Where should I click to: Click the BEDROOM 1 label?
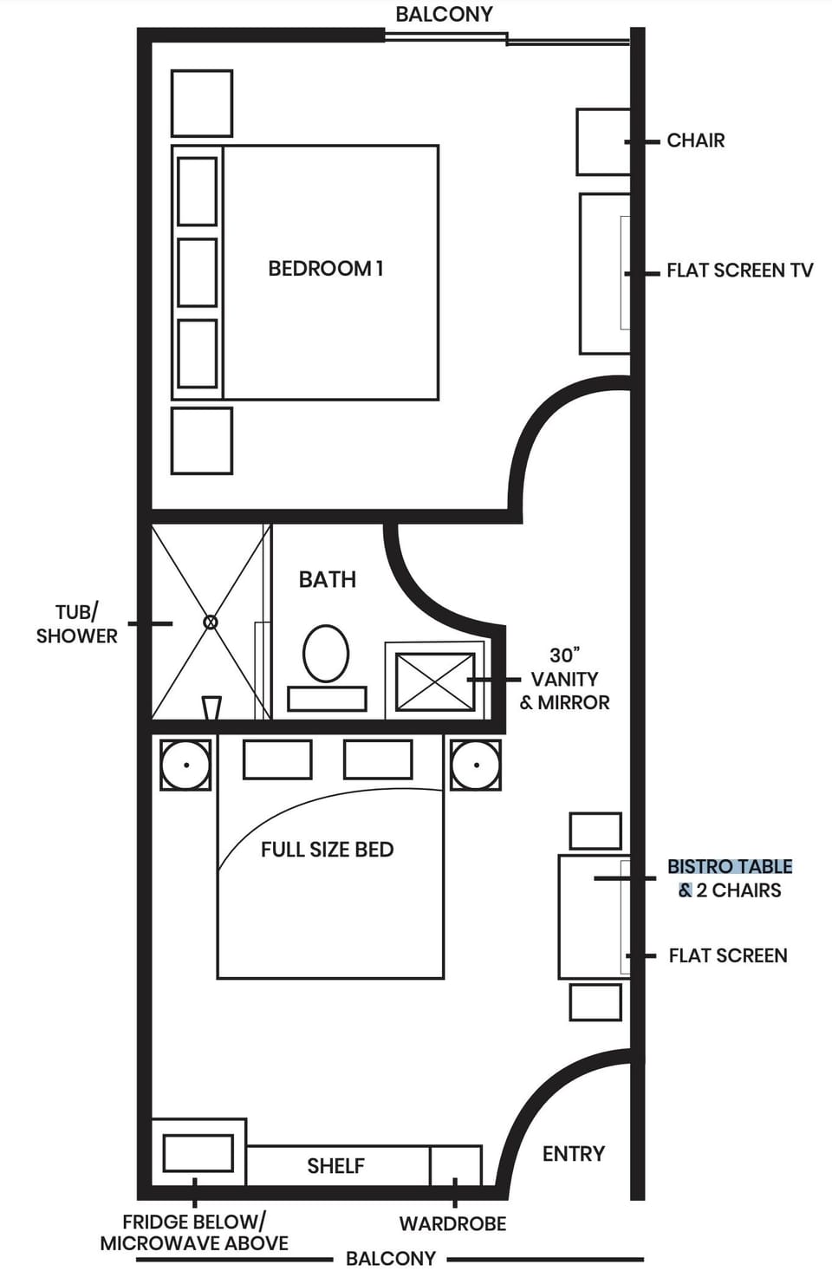click(326, 269)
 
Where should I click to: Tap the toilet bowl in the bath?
click(326, 653)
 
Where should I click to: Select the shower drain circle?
click(211, 622)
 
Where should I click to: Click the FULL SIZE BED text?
click(328, 850)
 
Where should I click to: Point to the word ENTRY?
click(574, 1154)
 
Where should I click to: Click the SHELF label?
click(335, 1166)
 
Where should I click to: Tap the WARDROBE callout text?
click(452, 1224)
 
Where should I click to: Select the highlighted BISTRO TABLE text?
click(730, 866)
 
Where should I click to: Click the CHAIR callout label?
click(696, 140)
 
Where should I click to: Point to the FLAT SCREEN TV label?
click(740, 270)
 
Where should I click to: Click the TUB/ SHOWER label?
click(77, 624)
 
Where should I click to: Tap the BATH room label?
click(328, 579)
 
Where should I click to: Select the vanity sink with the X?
click(435, 681)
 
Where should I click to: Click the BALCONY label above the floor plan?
click(444, 14)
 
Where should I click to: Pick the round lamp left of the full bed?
click(185, 765)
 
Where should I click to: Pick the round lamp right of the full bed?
click(476, 765)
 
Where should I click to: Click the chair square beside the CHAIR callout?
click(603, 142)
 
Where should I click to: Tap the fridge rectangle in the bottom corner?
click(198, 1153)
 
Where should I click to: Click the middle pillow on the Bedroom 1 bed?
click(198, 272)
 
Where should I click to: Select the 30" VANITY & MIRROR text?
click(564, 679)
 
